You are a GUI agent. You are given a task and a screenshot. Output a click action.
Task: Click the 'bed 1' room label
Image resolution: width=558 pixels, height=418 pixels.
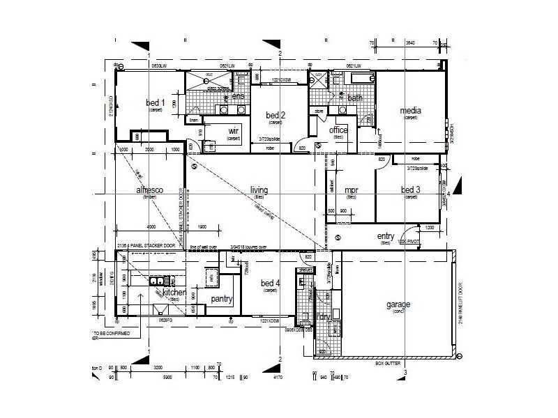155,103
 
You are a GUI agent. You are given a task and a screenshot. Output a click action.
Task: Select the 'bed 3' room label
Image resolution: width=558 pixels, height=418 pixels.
410,190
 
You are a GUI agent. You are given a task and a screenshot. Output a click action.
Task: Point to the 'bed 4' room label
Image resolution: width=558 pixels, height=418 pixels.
270,283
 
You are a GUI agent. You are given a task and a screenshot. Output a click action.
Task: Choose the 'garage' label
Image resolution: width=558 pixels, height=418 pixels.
398,304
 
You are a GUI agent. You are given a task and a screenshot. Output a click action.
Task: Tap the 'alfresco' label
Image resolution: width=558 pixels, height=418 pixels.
149,190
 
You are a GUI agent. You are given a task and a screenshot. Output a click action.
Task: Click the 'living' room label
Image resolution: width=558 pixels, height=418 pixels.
259,189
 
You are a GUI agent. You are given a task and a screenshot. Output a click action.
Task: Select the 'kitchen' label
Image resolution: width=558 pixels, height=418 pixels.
174,293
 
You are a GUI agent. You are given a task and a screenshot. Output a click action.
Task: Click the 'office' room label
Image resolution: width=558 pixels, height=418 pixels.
338,130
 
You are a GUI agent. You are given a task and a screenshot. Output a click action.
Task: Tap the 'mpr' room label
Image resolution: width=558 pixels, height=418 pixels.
350,190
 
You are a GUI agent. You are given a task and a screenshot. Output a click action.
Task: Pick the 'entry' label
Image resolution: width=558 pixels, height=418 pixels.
386,237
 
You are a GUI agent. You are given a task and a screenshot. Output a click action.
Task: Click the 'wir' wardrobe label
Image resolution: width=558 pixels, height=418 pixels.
234,131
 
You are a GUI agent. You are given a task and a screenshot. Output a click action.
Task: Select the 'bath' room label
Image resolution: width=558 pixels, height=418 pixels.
355,98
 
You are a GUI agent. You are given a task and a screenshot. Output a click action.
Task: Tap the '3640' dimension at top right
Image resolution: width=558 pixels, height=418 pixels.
410,43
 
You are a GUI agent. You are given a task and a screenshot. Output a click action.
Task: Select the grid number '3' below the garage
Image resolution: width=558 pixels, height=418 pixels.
405,373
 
